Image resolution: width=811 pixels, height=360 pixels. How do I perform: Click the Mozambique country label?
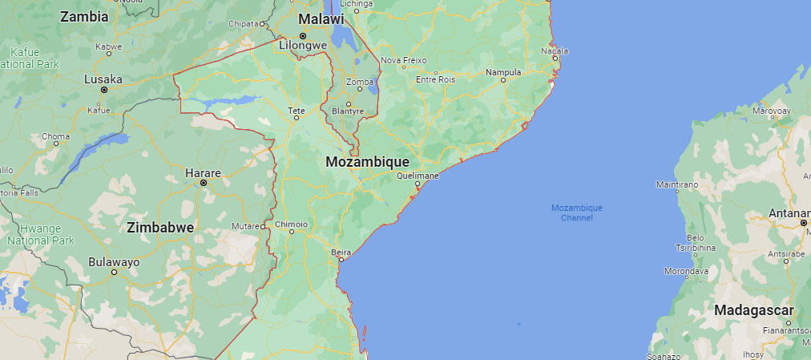pyautogui.click(x=368, y=161)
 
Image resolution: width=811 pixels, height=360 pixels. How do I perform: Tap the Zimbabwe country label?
pyautogui.click(x=160, y=228)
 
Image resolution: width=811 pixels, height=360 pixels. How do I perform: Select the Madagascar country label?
pyautogui.click(x=753, y=310)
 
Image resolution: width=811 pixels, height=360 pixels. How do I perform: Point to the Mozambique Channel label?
pyautogui.click(x=576, y=212)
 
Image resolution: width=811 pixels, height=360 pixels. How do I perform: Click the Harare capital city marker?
pyautogui.click(x=204, y=183)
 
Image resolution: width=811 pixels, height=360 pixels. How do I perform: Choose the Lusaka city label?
pyautogui.click(x=103, y=79)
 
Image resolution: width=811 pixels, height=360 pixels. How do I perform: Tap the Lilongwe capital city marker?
pyautogui.click(x=303, y=36)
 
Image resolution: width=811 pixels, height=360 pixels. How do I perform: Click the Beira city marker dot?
pyautogui.click(x=341, y=259)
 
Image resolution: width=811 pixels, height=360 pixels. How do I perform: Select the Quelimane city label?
pyautogui.click(x=418, y=175)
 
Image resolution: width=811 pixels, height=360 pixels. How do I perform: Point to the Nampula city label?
pyautogui.click(x=504, y=72)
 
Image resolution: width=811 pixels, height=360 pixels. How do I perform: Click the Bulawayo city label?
pyautogui.click(x=114, y=261)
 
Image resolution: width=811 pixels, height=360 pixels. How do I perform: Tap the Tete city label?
pyautogui.click(x=297, y=109)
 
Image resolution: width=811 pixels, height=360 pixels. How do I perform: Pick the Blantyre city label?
pyautogui.click(x=348, y=111)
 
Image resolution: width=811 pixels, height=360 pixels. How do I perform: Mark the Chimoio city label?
pyautogui.click(x=291, y=224)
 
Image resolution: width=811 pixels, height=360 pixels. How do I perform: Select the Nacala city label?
pyautogui.click(x=555, y=51)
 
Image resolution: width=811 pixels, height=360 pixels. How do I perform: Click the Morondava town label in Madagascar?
pyautogui.click(x=686, y=271)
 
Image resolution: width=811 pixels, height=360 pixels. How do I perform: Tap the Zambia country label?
pyautogui.click(x=83, y=16)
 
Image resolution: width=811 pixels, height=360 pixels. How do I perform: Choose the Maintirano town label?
pyautogui.click(x=677, y=184)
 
